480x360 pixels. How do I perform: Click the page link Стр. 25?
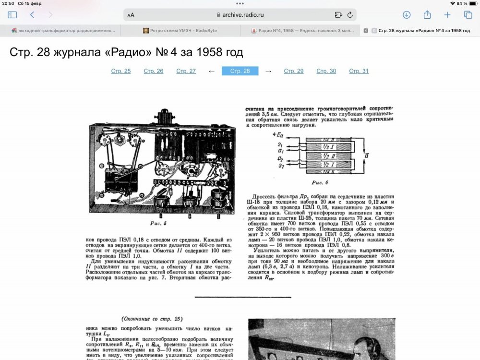pyautogui.click(x=120, y=71)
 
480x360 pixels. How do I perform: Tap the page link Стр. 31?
pyautogui.click(x=359, y=71)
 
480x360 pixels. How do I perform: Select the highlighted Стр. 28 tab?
pyautogui.click(x=240, y=71)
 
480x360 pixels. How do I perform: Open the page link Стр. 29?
pyautogui.click(x=293, y=71)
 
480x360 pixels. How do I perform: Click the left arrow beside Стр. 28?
pyautogui.click(x=212, y=71)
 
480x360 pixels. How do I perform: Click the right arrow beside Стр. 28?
pyautogui.click(x=268, y=71)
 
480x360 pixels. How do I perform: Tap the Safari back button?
pyautogui.click(x=32, y=15)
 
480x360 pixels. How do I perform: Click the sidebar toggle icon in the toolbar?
pyautogui.click(x=12, y=15)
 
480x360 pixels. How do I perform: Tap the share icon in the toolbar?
pyautogui.click(x=427, y=15)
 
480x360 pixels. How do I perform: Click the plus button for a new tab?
pyautogui.click(x=447, y=15)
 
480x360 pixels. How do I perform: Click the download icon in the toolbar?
pyautogui.click(x=407, y=15)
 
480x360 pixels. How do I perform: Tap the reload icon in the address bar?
pyautogui.click(x=350, y=15)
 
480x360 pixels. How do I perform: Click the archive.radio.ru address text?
pyautogui.click(x=243, y=15)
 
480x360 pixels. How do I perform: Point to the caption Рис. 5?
pyautogui.click(x=158, y=223)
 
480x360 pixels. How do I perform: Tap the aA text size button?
pyautogui.click(x=131, y=15)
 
